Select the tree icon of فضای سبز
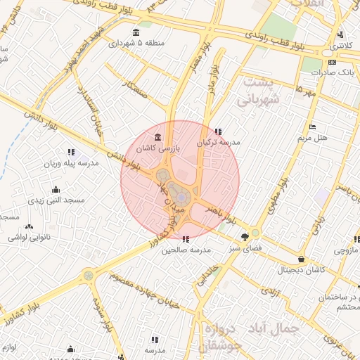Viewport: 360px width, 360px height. pos(244,237)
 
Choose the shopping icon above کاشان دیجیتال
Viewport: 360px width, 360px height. pos(301,258)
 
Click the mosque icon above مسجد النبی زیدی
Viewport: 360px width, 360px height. pos(56,190)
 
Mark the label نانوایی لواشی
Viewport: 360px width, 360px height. pos(28,238)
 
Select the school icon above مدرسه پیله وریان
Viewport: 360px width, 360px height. pos(71,152)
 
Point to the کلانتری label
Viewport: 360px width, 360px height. pos(342,45)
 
